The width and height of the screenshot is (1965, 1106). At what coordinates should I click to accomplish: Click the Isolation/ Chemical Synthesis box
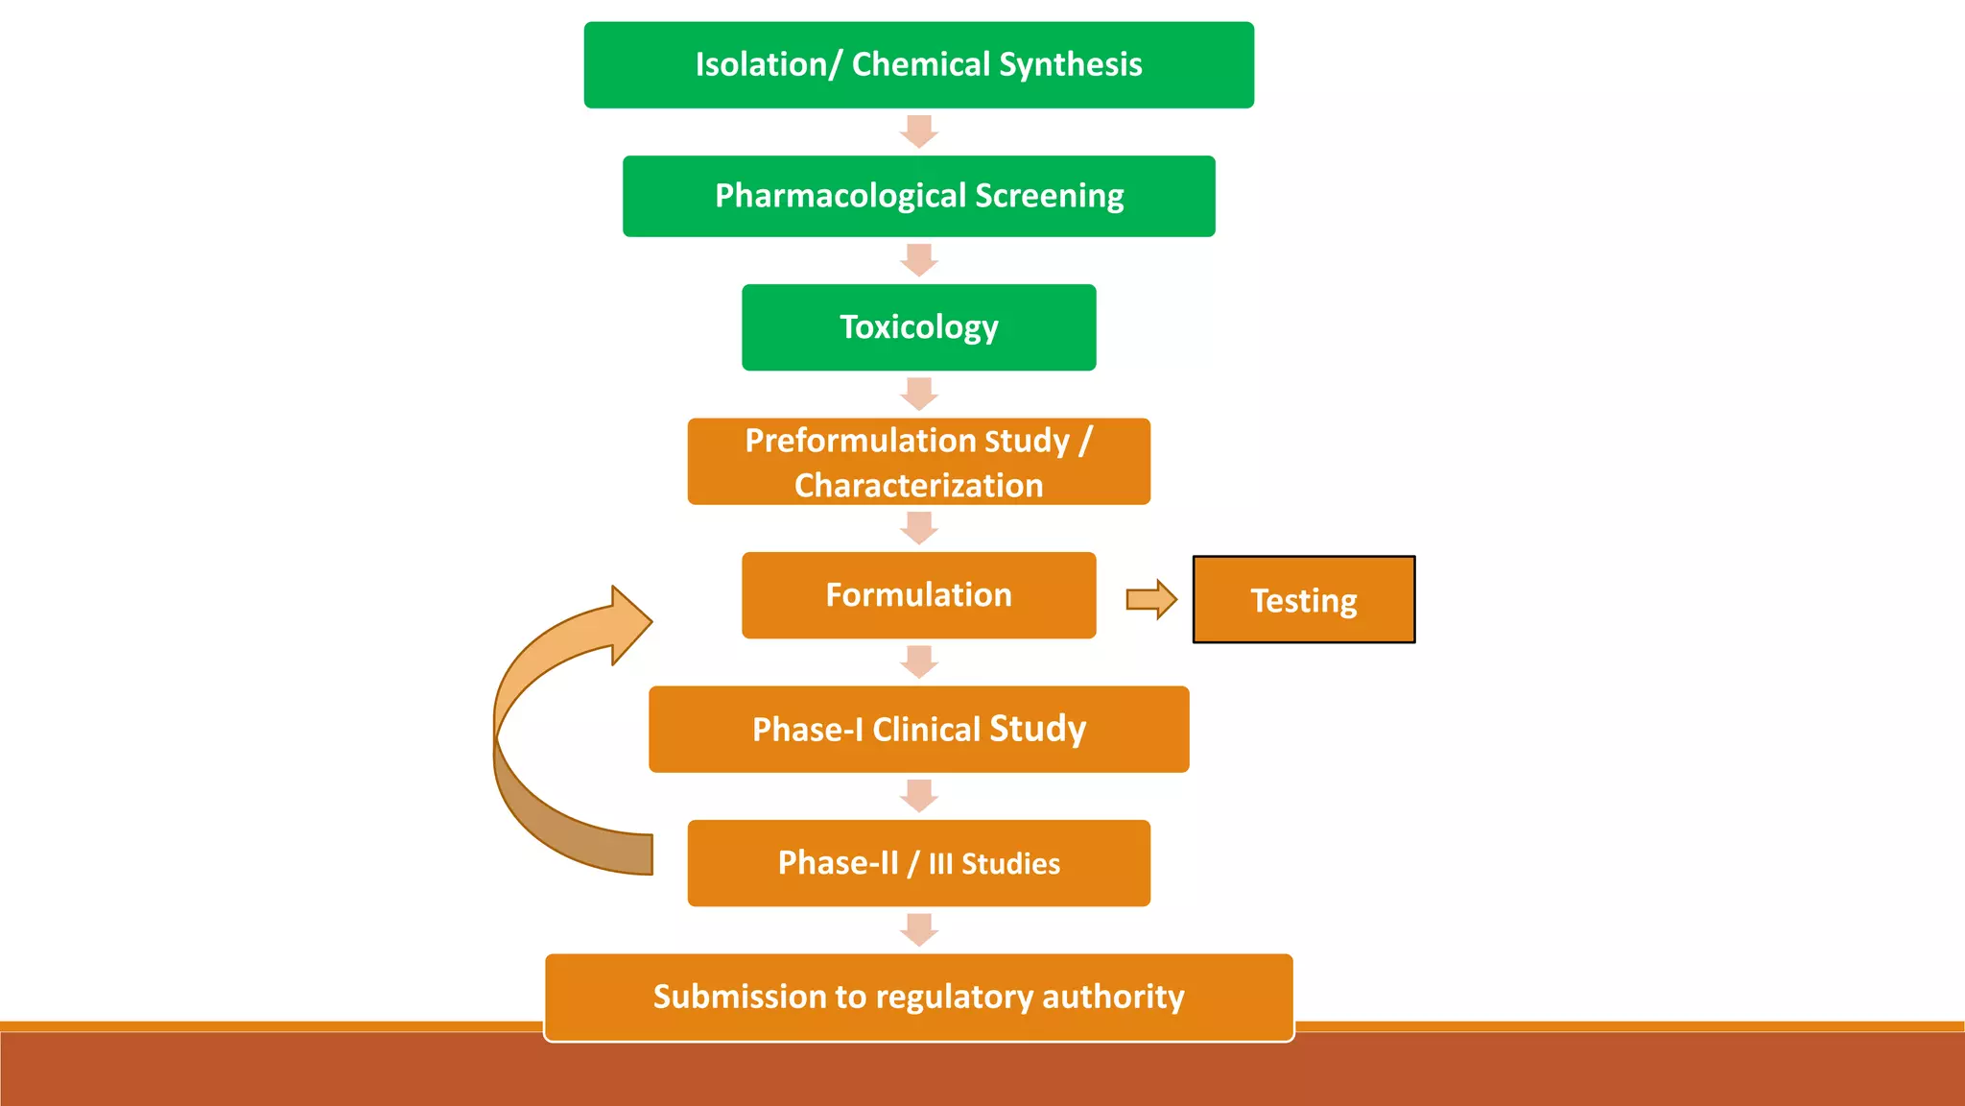click(918, 65)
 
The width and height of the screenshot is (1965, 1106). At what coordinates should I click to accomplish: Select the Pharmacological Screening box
click(918, 196)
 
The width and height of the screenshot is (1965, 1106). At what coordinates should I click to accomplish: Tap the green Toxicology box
click(918, 327)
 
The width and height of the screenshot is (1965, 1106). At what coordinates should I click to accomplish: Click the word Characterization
click(918, 486)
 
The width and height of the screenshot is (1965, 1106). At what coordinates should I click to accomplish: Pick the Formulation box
click(918, 595)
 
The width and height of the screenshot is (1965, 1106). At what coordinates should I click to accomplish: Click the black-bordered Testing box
click(1303, 600)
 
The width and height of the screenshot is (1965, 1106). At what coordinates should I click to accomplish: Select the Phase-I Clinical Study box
click(918, 730)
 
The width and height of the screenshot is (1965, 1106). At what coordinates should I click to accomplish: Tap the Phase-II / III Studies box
click(918, 863)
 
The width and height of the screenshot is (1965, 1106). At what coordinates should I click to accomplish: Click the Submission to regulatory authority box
click(918, 997)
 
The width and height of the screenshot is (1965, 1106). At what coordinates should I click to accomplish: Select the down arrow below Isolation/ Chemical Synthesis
click(918, 132)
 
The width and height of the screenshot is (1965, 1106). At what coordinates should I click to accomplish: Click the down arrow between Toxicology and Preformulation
click(918, 394)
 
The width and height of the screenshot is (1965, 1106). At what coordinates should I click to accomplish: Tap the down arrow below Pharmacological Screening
click(918, 260)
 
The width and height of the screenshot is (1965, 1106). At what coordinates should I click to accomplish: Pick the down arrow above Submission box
click(918, 929)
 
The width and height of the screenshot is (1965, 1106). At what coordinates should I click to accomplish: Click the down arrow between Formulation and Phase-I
click(918, 661)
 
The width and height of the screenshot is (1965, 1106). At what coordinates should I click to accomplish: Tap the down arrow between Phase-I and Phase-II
click(918, 796)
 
